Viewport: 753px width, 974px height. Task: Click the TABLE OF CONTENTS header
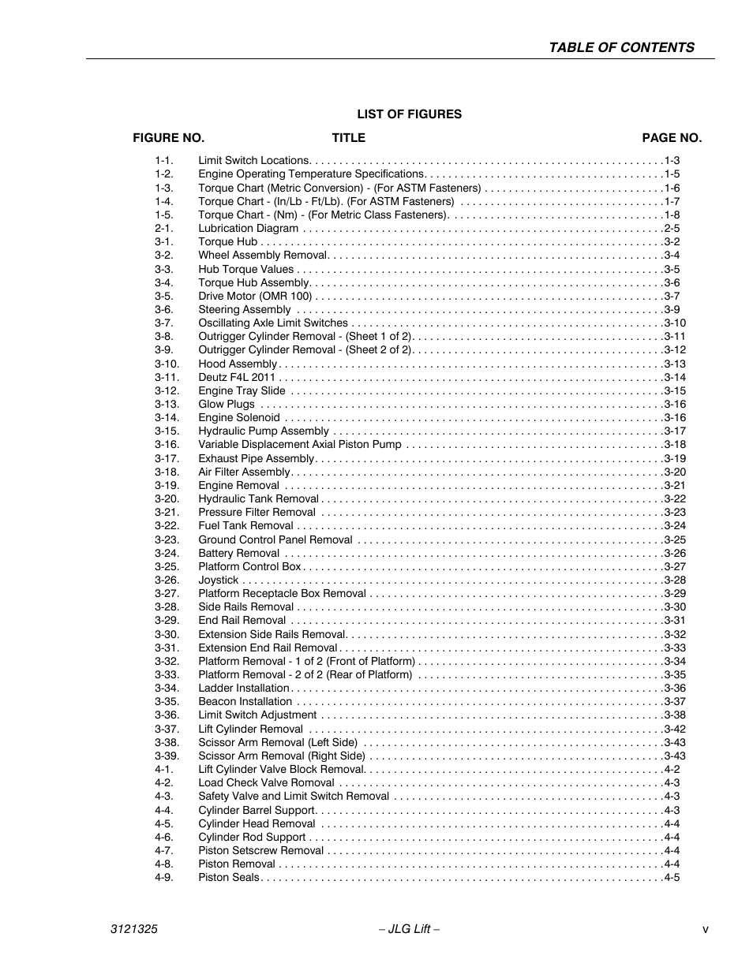[x=621, y=47]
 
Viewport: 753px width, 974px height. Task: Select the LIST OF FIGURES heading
[x=409, y=114]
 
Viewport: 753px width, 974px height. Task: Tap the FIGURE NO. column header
[x=168, y=138]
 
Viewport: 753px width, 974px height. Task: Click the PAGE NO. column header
[x=671, y=138]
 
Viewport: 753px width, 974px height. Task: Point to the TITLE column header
[x=348, y=138]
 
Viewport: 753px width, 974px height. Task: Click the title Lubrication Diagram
[x=248, y=229]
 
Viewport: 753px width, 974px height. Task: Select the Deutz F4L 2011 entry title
[x=237, y=377]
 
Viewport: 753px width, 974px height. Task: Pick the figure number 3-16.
[x=167, y=445]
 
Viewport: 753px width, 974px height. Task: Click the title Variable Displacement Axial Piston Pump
[x=299, y=445]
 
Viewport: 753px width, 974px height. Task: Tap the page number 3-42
[x=674, y=730]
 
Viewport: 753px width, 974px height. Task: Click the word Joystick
[x=218, y=580]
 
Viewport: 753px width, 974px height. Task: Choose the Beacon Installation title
[x=245, y=702]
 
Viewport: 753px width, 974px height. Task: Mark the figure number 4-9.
[x=163, y=878]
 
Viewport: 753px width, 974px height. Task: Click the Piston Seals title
[x=228, y=878]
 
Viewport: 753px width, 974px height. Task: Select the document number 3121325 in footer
[x=133, y=930]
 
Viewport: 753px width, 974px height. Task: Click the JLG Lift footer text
[x=409, y=930]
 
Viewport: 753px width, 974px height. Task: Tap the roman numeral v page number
[x=705, y=930]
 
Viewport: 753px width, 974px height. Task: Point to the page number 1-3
[x=672, y=161]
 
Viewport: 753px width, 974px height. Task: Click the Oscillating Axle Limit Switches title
[x=272, y=323]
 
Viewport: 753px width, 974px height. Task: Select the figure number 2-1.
[x=163, y=229]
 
